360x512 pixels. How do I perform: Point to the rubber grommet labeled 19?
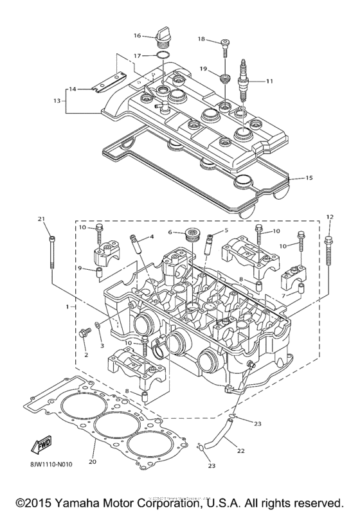224,79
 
